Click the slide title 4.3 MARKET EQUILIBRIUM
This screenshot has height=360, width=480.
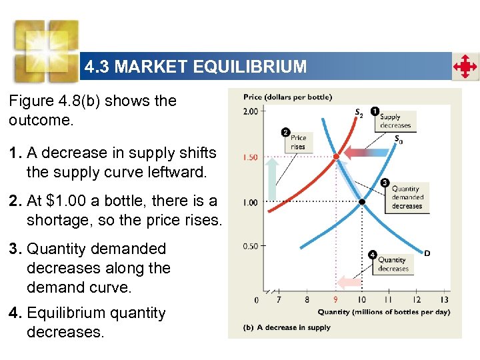pyautogui.click(x=195, y=67)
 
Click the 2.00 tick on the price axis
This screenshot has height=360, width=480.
pyautogui.click(x=250, y=111)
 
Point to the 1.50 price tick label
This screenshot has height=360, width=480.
pyautogui.click(x=250, y=157)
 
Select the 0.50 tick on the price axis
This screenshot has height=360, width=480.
pyautogui.click(x=250, y=246)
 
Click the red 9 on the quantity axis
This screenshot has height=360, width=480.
pyautogui.click(x=335, y=300)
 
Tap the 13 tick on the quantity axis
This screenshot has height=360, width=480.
pyautogui.click(x=445, y=300)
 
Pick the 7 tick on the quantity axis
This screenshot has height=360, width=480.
pyautogui.click(x=279, y=300)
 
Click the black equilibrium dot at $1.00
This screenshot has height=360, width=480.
pyautogui.click(x=362, y=201)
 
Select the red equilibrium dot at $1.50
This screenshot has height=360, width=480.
pyautogui.click(x=336, y=157)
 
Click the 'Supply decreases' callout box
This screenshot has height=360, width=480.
pyautogui.click(x=395, y=121)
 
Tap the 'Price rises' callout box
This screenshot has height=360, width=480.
pyautogui.click(x=298, y=142)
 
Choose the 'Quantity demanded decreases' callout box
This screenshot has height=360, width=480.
pyautogui.click(x=407, y=197)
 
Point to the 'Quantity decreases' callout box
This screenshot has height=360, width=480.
pyautogui.click(x=393, y=264)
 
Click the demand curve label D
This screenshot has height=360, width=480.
pyautogui.click(x=427, y=253)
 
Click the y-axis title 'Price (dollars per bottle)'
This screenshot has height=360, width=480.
pyautogui.click(x=287, y=97)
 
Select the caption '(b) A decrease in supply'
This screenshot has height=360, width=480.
pyautogui.click(x=287, y=327)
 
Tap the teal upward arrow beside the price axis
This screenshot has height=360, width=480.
pyautogui.click(x=273, y=179)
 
